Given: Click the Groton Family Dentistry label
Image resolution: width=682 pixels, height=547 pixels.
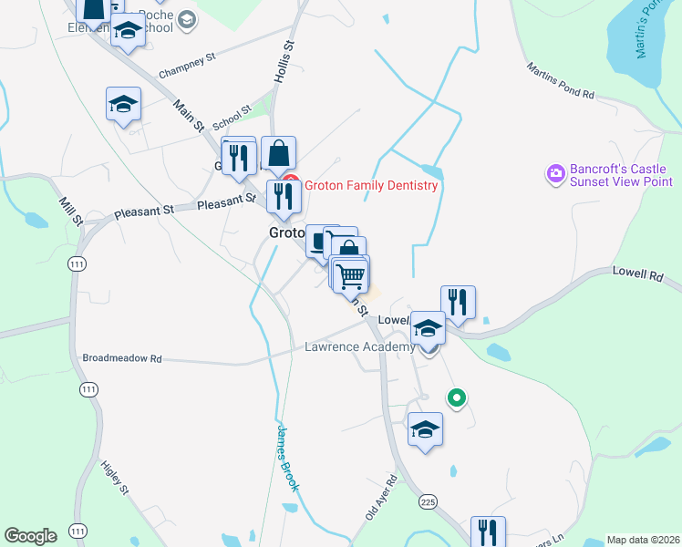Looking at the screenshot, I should [x=371, y=185].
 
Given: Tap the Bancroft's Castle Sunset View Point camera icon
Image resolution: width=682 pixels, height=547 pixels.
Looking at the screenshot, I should [x=553, y=172].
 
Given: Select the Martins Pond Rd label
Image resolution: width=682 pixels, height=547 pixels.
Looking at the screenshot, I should [x=561, y=81].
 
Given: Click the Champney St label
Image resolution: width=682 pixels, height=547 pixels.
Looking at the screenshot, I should [x=186, y=64].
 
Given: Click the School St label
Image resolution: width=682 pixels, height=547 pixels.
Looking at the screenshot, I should [x=232, y=119].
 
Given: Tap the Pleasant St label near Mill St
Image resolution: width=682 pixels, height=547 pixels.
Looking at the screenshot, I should [x=144, y=212].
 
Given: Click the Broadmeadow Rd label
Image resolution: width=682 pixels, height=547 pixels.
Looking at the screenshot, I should [x=121, y=359].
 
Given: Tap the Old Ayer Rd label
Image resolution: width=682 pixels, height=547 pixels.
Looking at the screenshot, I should [x=381, y=497].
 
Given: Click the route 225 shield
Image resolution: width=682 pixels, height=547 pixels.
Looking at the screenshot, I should [x=428, y=501].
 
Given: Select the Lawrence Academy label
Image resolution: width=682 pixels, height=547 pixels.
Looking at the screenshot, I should [x=359, y=347].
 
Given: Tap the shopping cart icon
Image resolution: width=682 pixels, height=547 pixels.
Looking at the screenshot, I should [x=351, y=274].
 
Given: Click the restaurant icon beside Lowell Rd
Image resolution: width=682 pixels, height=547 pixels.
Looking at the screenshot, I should [x=458, y=302].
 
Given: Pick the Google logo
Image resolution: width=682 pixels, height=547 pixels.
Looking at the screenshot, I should [x=30, y=536].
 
